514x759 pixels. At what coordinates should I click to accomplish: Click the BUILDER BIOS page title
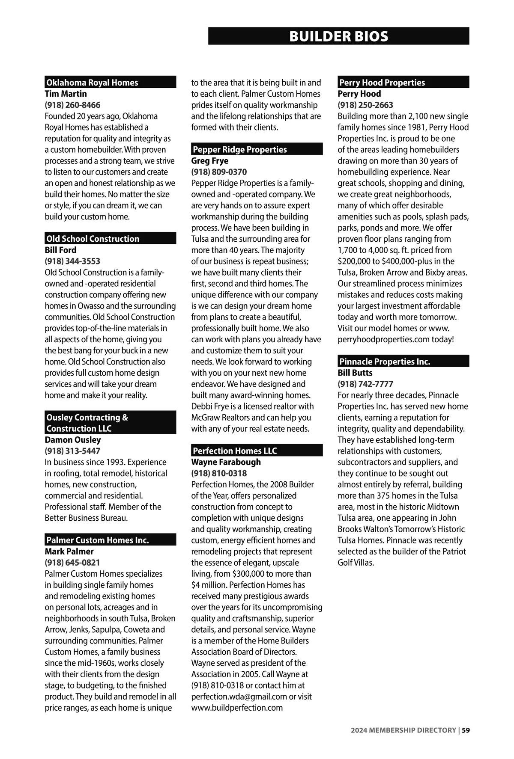tap(338, 36)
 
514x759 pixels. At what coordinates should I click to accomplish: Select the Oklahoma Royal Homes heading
tap(92, 83)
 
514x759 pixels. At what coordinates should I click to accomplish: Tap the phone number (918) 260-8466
tap(72, 105)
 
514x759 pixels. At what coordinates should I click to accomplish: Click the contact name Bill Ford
tap(60, 250)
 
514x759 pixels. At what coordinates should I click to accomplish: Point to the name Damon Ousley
tap(73, 440)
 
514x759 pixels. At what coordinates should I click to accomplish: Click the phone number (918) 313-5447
tap(72, 451)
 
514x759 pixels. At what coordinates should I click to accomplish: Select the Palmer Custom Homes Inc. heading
tap(98, 540)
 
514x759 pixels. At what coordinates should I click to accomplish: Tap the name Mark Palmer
tap(69, 551)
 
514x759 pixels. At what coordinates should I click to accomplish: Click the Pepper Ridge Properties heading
tap(240, 149)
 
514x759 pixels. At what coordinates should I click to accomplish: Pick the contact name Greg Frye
tap(209, 161)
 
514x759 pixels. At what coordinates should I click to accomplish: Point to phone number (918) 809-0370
tap(219, 172)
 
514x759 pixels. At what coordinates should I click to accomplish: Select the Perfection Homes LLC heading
tap(235, 451)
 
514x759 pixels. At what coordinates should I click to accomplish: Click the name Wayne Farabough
tap(226, 462)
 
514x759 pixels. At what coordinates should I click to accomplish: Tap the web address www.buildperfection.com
tap(237, 708)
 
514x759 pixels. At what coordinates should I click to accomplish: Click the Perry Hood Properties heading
tap(382, 83)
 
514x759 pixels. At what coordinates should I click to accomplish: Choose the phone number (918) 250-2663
tap(365, 105)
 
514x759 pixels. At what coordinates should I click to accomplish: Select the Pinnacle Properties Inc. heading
tap(385, 362)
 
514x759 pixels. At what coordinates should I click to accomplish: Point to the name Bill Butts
tap(355, 373)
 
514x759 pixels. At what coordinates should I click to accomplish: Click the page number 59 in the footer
tap(466, 730)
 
